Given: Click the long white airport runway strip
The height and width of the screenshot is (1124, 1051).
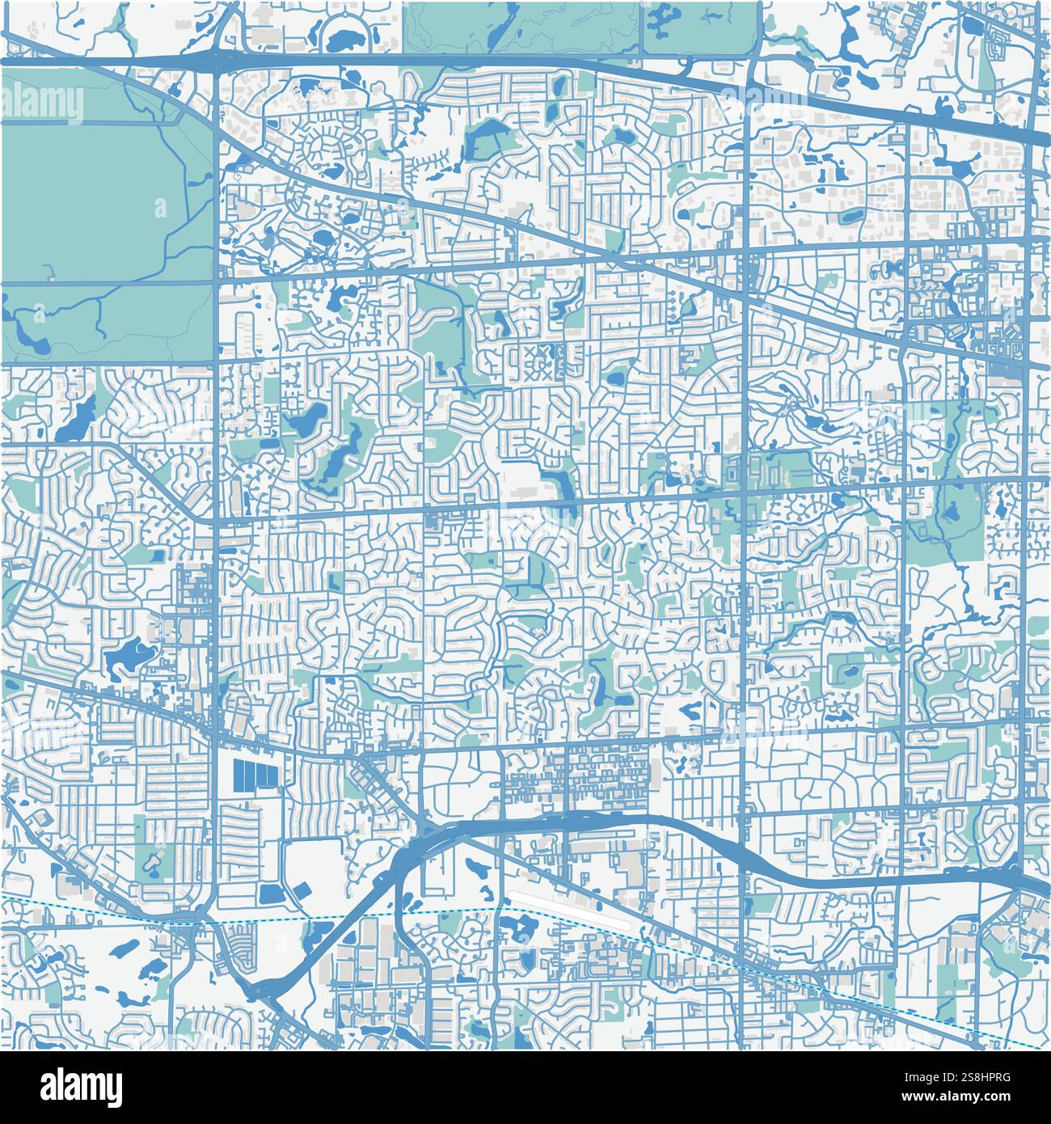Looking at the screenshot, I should (x=571, y=907).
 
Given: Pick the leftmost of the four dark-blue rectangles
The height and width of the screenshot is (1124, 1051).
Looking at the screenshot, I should (x=239, y=774).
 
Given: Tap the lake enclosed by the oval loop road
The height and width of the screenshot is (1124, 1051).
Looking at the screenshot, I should (x=345, y=39).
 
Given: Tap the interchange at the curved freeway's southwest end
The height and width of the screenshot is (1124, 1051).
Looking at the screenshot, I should (x=267, y=987).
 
